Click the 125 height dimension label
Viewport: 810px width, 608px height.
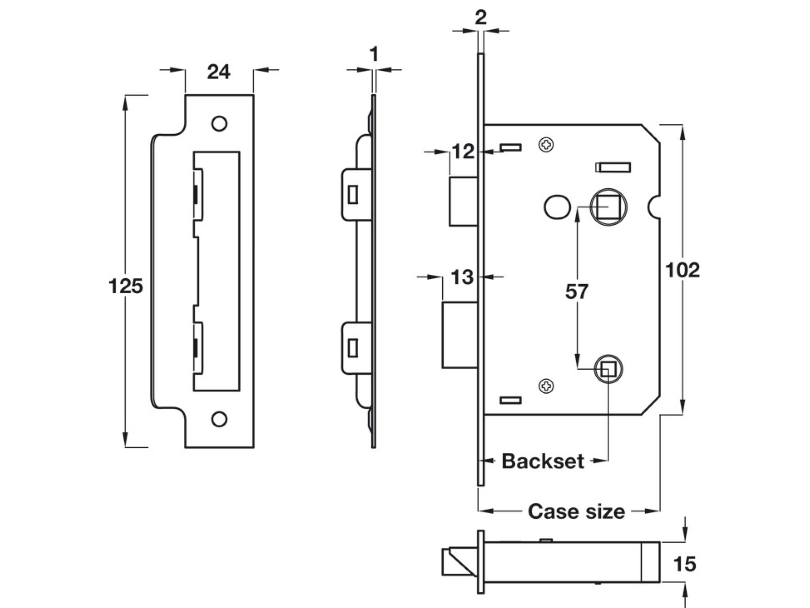(x=126, y=286)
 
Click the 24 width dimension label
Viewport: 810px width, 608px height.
(x=219, y=72)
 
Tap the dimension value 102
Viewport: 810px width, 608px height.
(x=682, y=270)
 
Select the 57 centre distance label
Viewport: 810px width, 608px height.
(x=576, y=292)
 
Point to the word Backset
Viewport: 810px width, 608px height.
(x=543, y=461)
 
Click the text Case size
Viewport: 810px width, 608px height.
(x=576, y=512)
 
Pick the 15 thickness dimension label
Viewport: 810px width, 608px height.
(x=684, y=564)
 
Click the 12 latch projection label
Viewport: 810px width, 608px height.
(x=463, y=152)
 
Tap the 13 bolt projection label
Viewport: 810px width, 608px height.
(x=462, y=277)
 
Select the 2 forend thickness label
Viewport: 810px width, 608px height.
(x=481, y=18)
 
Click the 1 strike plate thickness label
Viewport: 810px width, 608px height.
(x=373, y=55)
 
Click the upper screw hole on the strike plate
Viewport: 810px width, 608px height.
(x=219, y=123)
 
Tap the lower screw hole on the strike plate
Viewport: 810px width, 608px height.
(x=219, y=419)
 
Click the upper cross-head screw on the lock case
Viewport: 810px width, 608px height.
(x=546, y=145)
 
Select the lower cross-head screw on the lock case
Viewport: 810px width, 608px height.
(x=546, y=386)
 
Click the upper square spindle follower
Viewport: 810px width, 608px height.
(x=608, y=207)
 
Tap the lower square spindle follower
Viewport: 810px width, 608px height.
(x=608, y=369)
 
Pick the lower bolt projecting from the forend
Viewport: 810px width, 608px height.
(x=460, y=335)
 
